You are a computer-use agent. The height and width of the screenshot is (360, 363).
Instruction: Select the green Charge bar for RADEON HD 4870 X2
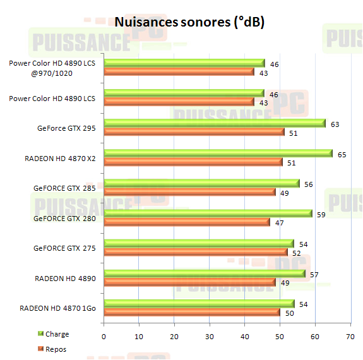click(x=217, y=153)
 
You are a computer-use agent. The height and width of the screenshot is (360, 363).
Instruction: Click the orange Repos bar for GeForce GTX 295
click(x=194, y=132)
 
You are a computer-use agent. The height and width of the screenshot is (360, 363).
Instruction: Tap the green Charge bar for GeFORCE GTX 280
click(x=207, y=213)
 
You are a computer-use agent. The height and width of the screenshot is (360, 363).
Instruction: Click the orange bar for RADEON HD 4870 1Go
click(x=192, y=312)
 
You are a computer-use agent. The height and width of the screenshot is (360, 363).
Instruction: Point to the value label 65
click(x=342, y=154)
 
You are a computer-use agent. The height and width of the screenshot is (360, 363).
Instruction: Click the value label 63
click(x=335, y=124)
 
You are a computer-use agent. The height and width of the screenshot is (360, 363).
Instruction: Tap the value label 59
click(x=321, y=214)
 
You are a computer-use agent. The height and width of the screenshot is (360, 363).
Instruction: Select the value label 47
click(x=278, y=223)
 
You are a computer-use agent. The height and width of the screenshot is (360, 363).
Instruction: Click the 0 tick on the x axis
click(x=104, y=337)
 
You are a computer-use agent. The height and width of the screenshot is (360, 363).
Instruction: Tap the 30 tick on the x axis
click(x=209, y=337)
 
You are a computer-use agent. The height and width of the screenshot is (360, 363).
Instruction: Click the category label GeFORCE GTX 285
click(x=65, y=188)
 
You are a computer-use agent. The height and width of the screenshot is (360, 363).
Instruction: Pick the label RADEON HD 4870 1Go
click(x=57, y=308)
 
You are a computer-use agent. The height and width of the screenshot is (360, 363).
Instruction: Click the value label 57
click(x=314, y=274)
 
